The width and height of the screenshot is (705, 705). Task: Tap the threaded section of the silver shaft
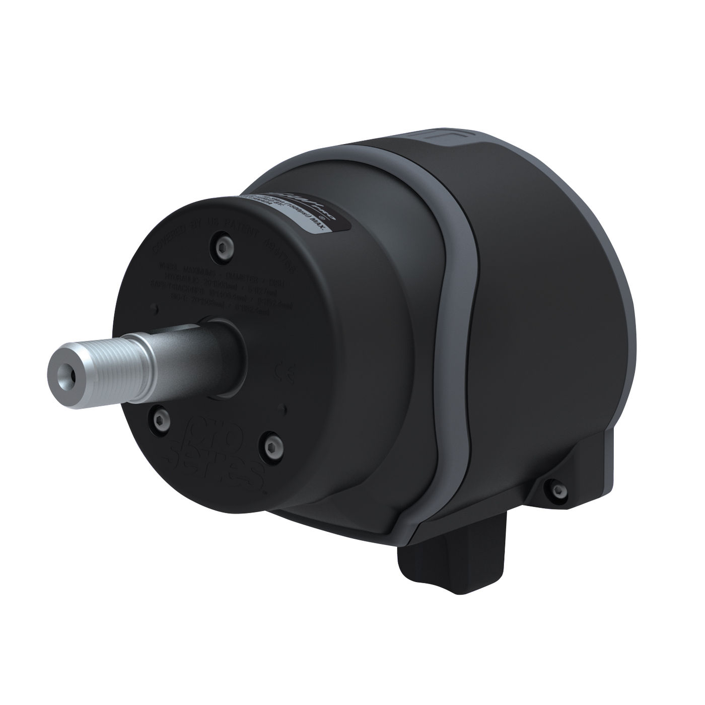click(x=106, y=361)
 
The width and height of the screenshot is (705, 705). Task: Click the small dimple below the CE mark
click(x=285, y=408)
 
